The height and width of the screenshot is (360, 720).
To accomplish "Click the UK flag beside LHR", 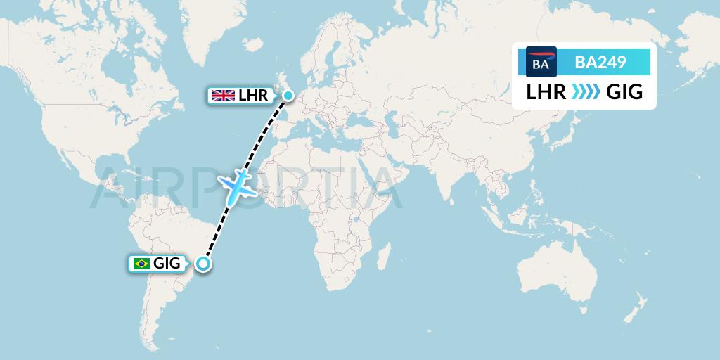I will (x=224, y=96).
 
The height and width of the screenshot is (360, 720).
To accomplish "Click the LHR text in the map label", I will (x=253, y=96).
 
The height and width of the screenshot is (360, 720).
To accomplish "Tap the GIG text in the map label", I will (x=167, y=264).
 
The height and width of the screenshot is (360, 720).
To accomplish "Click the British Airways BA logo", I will (x=541, y=62).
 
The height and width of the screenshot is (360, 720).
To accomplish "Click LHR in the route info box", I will (x=546, y=93).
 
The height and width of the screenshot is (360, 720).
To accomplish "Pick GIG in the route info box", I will (x=624, y=93).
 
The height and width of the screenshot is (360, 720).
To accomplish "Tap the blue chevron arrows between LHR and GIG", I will (x=584, y=93).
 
